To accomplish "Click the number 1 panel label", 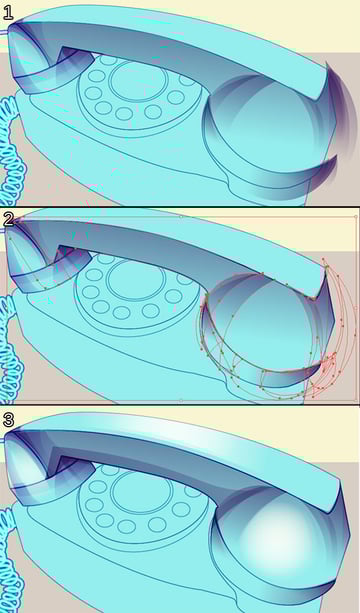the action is pos(8,13).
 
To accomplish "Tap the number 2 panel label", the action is pos(9,219).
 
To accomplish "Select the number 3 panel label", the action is pos(8,419).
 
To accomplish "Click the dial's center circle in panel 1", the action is pos(138,79).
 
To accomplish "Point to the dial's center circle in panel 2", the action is pos(136,280).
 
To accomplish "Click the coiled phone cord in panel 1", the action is pos(11,152).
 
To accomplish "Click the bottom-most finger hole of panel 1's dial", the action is pos(124,114).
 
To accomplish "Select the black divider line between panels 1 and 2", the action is pos(180,206).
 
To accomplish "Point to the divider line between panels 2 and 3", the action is pos(180,405).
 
